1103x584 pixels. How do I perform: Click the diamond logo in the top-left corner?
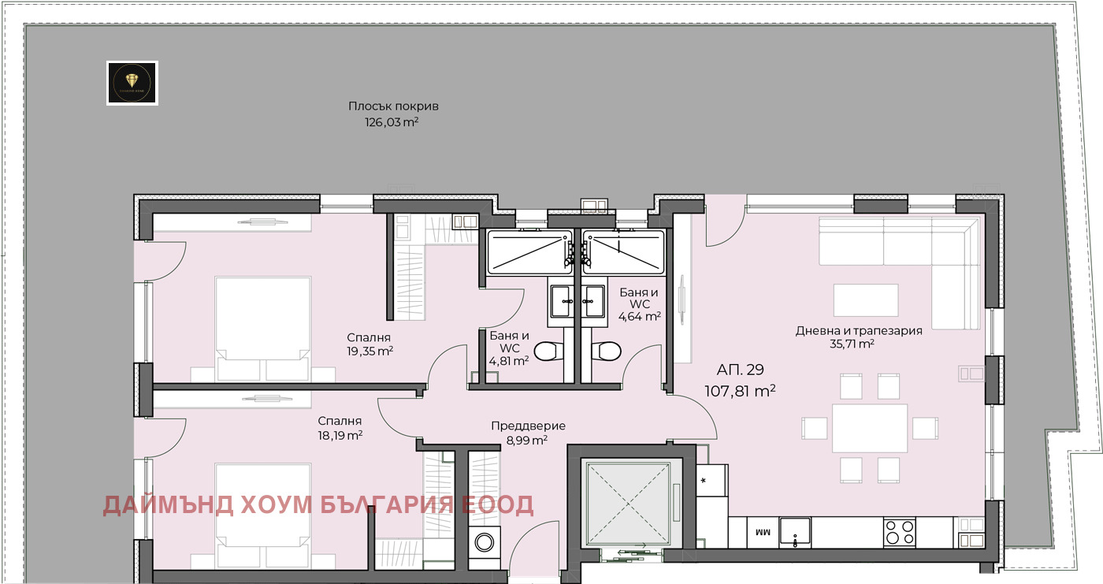(132, 83)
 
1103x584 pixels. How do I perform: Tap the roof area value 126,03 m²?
(391, 122)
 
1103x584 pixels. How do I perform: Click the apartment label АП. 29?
(740, 370)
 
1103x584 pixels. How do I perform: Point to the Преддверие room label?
(528, 426)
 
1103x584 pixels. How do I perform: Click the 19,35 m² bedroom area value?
(370, 352)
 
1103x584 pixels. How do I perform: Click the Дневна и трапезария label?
(859, 331)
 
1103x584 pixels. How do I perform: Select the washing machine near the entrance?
(485, 545)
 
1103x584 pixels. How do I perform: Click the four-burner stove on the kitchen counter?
(899, 532)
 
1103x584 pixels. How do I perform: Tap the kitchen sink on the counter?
(797, 532)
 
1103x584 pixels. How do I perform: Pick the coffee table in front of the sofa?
(866, 300)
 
